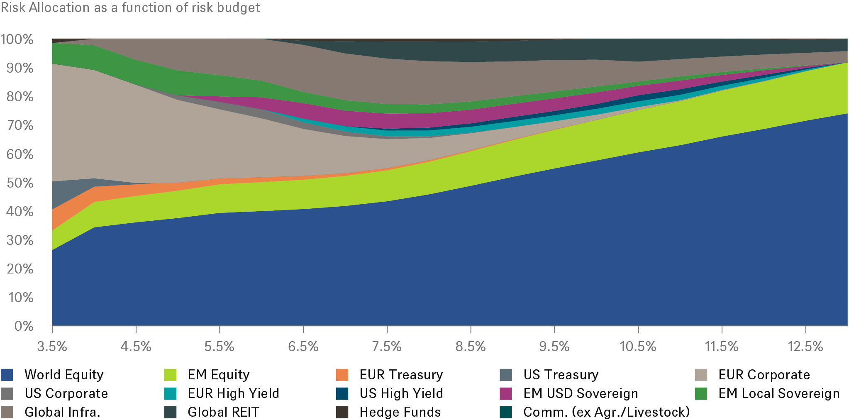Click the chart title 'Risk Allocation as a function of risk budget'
tap(130, 7)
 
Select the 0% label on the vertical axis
tap(24, 326)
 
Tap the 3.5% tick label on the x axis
tap(52, 347)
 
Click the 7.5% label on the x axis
tap(387, 347)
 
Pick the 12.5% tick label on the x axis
tap(805, 347)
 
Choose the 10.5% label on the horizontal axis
tap(638, 347)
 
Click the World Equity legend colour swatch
tap(7, 375)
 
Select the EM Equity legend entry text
tap(219, 375)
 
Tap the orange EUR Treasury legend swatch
tap(342, 375)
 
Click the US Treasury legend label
tap(561, 375)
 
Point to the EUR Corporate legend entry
tap(764, 375)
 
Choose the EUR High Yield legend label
tap(233, 393)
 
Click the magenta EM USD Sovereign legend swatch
tap(506, 393)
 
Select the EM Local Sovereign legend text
tap(779, 393)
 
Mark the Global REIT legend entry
tap(223, 412)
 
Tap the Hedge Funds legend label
tap(400, 412)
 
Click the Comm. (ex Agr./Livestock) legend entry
tap(606, 412)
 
